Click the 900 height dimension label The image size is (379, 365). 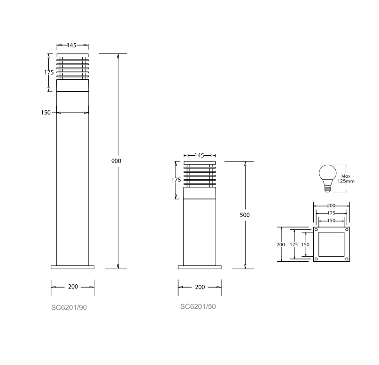point(116,161)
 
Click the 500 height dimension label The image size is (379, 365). point(245,215)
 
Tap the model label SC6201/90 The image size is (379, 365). point(69,308)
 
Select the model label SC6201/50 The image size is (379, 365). point(198,306)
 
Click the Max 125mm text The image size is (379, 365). point(346,179)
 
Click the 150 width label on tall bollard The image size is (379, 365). point(46,113)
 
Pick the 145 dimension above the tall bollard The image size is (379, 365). point(71,46)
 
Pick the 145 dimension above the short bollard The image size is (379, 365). point(199,155)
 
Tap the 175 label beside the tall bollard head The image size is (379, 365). point(49,72)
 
